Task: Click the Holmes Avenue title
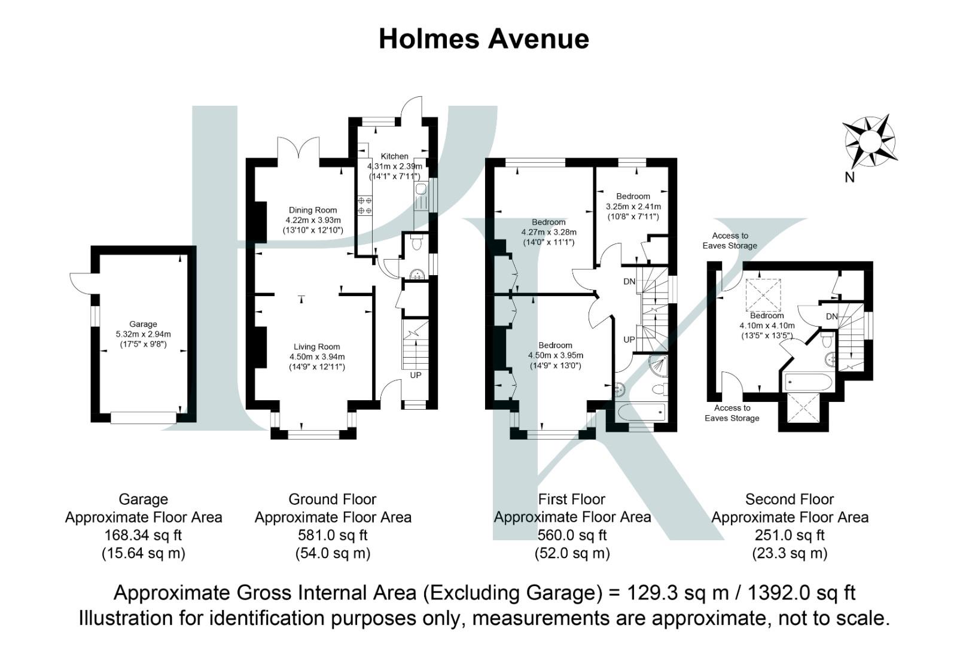tap(484, 39)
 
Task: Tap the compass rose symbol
tap(870, 142)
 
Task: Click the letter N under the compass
tap(849, 178)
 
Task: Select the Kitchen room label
tap(394, 156)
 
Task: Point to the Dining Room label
tap(313, 210)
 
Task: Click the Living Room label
tap(316, 346)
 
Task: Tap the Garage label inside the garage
tap(143, 324)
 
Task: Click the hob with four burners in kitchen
tap(365, 205)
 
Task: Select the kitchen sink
tap(421, 190)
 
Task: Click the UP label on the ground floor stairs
tap(415, 376)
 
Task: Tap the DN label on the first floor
tap(629, 281)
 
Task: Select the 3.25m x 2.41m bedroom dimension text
tap(633, 206)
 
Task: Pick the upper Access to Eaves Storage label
tap(730, 240)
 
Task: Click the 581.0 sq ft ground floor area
tap(333, 535)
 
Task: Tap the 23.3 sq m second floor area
tap(790, 553)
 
